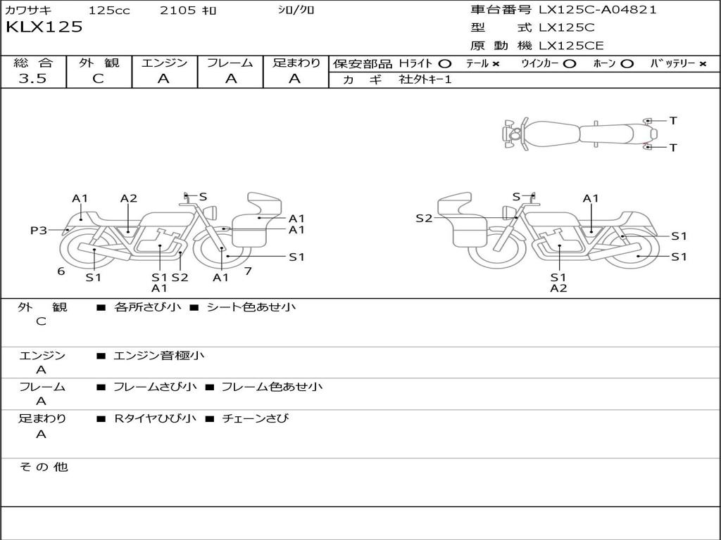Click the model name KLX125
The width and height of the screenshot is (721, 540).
[44, 27]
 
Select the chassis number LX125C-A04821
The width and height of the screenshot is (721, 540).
[597, 10]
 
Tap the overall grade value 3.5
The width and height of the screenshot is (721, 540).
[32, 79]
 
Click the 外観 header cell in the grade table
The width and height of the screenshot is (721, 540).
[99, 63]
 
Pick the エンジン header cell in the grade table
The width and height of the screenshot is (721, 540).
[164, 63]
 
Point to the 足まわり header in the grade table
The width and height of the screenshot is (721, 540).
[296, 63]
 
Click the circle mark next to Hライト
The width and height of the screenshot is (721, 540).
[444, 63]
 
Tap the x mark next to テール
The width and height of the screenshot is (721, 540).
[496, 63]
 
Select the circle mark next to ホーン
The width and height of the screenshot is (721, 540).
[627, 63]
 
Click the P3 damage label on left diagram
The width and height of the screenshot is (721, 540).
[38, 230]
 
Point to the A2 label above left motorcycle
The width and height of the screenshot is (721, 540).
[128, 198]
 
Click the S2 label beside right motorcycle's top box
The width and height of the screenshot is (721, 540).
[424, 218]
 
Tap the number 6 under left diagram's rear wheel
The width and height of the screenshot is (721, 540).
[61, 271]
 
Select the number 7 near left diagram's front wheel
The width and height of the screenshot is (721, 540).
[248, 271]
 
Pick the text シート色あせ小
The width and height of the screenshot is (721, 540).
[251, 307]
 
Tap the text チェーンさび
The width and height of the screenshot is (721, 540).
[255, 418]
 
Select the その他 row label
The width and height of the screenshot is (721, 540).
[44, 467]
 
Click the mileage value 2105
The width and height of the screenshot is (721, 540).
[177, 10]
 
